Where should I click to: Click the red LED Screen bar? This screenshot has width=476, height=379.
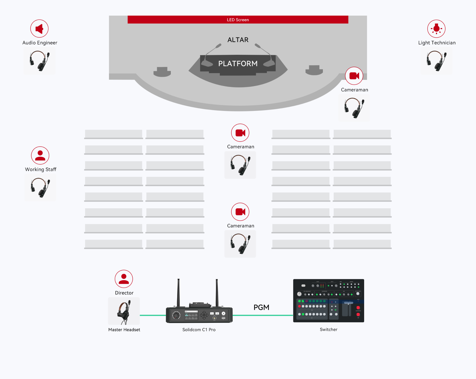[238, 20]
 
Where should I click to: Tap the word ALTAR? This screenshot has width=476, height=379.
[238, 40]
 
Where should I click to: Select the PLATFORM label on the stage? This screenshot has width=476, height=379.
[238, 64]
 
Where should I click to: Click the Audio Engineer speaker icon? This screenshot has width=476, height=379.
[39, 29]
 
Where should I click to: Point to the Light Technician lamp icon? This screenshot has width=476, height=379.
[436, 29]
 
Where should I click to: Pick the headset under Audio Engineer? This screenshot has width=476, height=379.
[39, 61]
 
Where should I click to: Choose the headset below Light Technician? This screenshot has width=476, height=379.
[436, 61]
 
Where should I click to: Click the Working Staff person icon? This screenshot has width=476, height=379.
[40, 155]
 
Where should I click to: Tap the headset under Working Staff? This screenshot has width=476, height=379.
[40, 188]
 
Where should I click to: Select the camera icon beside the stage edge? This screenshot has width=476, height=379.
[354, 76]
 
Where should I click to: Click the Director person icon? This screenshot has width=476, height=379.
[124, 279]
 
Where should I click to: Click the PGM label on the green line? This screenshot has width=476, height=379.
[261, 307]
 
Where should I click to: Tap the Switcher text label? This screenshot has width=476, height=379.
[328, 330]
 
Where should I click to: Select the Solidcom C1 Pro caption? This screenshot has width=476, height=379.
[199, 330]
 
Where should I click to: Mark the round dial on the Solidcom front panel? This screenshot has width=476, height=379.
[176, 315]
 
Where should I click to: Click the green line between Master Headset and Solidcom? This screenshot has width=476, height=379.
[153, 315]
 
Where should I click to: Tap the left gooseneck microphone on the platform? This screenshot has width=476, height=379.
[212, 53]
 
